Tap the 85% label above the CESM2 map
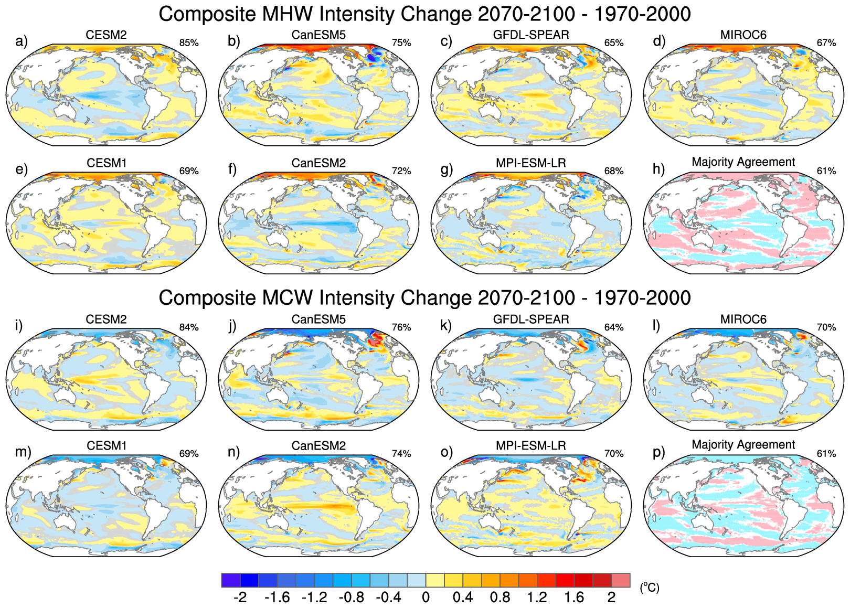click(x=189, y=43)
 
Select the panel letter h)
click(x=658, y=169)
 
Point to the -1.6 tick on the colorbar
click(x=277, y=598)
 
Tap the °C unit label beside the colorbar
click(x=649, y=588)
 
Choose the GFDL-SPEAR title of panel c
click(x=531, y=35)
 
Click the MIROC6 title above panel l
click(x=743, y=319)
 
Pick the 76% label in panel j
click(x=401, y=327)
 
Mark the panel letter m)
click(x=23, y=452)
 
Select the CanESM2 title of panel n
click(x=318, y=446)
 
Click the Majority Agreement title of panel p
click(x=743, y=445)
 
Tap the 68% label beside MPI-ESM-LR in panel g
click(x=614, y=171)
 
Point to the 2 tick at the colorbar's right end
click(x=611, y=598)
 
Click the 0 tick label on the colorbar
click(x=426, y=598)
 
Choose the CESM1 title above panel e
click(x=107, y=163)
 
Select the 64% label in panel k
click(x=614, y=327)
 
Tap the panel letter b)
click(x=233, y=41)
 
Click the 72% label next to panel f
click(x=401, y=171)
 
